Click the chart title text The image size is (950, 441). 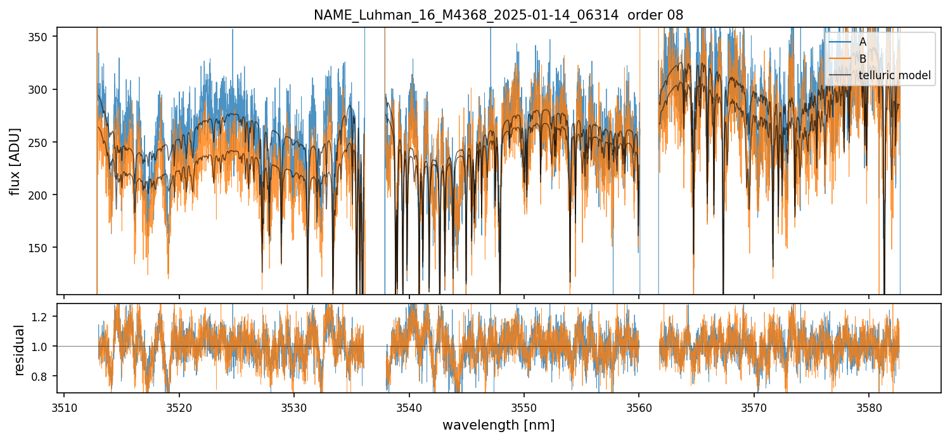498,15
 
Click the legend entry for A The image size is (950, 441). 863,42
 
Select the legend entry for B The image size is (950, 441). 863,59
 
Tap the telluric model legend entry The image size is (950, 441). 894,76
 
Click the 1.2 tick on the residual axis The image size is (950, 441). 44,316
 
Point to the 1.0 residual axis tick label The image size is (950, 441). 44,346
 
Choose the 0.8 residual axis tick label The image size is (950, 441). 44,376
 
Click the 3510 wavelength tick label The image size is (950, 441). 64,406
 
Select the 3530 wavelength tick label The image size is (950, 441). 294,406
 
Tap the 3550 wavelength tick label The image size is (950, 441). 523,406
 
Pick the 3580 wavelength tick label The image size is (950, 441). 868,406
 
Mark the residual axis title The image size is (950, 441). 20,350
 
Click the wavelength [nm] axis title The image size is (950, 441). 498,425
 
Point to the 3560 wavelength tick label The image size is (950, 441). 639,406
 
